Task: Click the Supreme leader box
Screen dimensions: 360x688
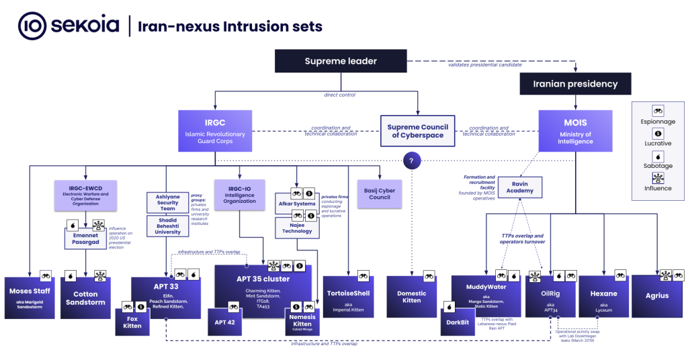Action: [341, 61]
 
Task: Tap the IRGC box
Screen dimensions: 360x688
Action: [215, 130]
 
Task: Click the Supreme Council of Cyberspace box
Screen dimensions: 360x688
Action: [417, 130]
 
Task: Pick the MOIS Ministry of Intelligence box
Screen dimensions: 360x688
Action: [575, 130]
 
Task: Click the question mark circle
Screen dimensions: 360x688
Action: [411, 161]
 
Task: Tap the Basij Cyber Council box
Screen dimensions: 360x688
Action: [380, 193]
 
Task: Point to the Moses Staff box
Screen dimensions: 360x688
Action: [28, 296]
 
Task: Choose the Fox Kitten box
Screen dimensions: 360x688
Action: [132, 321]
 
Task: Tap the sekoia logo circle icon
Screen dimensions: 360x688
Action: [32, 26]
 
